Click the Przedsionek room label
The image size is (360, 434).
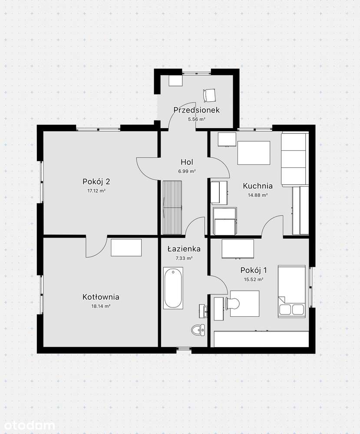(x=196, y=110)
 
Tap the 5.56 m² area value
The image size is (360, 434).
(x=196, y=119)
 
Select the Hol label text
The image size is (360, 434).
(x=187, y=162)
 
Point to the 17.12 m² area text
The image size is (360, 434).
(x=96, y=191)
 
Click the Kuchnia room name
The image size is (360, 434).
(x=258, y=186)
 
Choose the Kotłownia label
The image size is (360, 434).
(x=101, y=297)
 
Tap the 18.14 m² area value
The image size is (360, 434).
(x=101, y=306)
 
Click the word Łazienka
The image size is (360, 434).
(x=184, y=249)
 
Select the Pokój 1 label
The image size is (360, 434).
(x=254, y=270)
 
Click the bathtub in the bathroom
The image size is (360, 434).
(x=173, y=288)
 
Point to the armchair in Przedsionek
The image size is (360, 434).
(x=209, y=95)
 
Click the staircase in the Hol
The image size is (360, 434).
(x=172, y=208)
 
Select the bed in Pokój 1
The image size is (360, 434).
(x=291, y=292)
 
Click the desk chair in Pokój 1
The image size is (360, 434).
(x=232, y=303)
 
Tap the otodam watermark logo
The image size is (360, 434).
(x=27, y=425)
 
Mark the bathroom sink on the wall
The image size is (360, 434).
(x=203, y=311)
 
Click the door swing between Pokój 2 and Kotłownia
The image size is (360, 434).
(x=96, y=247)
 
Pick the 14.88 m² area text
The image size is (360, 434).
(x=258, y=195)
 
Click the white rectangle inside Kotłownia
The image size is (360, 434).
(x=126, y=248)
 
